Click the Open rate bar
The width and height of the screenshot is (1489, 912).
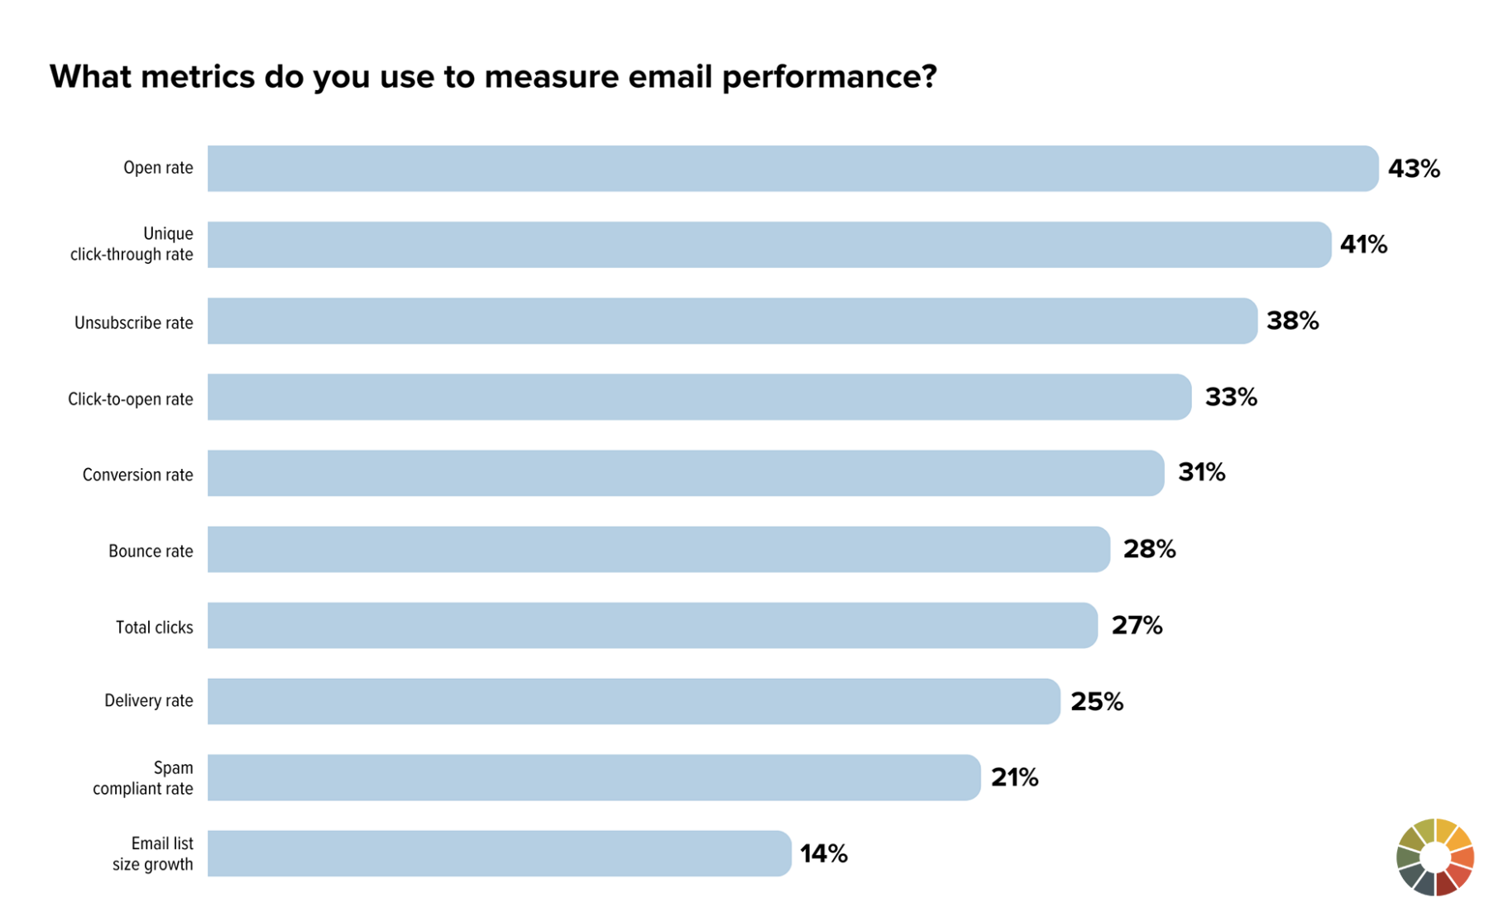pyautogui.click(x=792, y=169)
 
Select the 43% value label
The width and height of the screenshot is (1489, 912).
pyautogui.click(x=1413, y=169)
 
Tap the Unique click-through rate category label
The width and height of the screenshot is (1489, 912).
pyautogui.click(x=132, y=244)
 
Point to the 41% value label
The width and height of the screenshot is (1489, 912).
pyautogui.click(x=1363, y=245)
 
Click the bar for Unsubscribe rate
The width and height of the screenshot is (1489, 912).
pyautogui.click(x=732, y=321)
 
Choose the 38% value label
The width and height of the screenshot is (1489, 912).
pyautogui.click(x=1292, y=321)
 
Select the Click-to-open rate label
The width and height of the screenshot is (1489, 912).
pyautogui.click(x=131, y=399)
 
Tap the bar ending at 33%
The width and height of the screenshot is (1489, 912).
pyautogui.click(x=699, y=397)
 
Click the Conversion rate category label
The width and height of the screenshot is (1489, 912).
pyautogui.click(x=137, y=475)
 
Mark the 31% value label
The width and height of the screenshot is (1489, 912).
pyautogui.click(x=1201, y=472)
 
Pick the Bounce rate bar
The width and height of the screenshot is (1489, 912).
pyautogui.click(x=658, y=549)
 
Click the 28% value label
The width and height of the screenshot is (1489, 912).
pyautogui.click(x=1149, y=549)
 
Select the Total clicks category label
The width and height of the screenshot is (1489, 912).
pyautogui.click(x=155, y=628)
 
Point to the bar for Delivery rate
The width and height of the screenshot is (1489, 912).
pyautogui.click(x=634, y=701)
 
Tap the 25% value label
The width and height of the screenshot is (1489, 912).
pyautogui.click(x=1097, y=702)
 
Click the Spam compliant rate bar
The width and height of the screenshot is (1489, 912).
pyautogui.click(x=594, y=777)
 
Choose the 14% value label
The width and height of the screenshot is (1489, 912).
pyautogui.click(x=823, y=853)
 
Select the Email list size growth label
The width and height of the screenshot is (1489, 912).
pyautogui.click(x=154, y=853)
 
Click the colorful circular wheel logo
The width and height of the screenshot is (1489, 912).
pyautogui.click(x=1435, y=857)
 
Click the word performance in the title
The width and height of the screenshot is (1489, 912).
pyautogui.click(x=828, y=77)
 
